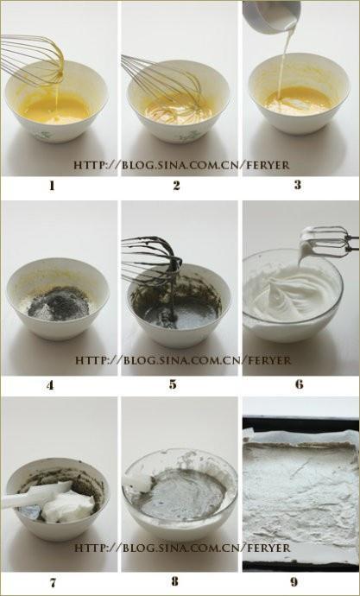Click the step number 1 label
click(x=52, y=186)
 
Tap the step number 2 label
click(x=176, y=186)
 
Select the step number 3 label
click(x=297, y=185)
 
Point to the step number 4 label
click(x=50, y=385)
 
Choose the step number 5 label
click(x=173, y=384)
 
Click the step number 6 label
click(x=300, y=384)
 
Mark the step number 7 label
click(x=53, y=582)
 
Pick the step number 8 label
click(x=174, y=581)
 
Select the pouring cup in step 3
click(x=272, y=16)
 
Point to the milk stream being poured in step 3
click(x=284, y=60)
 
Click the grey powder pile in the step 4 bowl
click(x=58, y=304)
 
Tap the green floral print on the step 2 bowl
click(x=189, y=136)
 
